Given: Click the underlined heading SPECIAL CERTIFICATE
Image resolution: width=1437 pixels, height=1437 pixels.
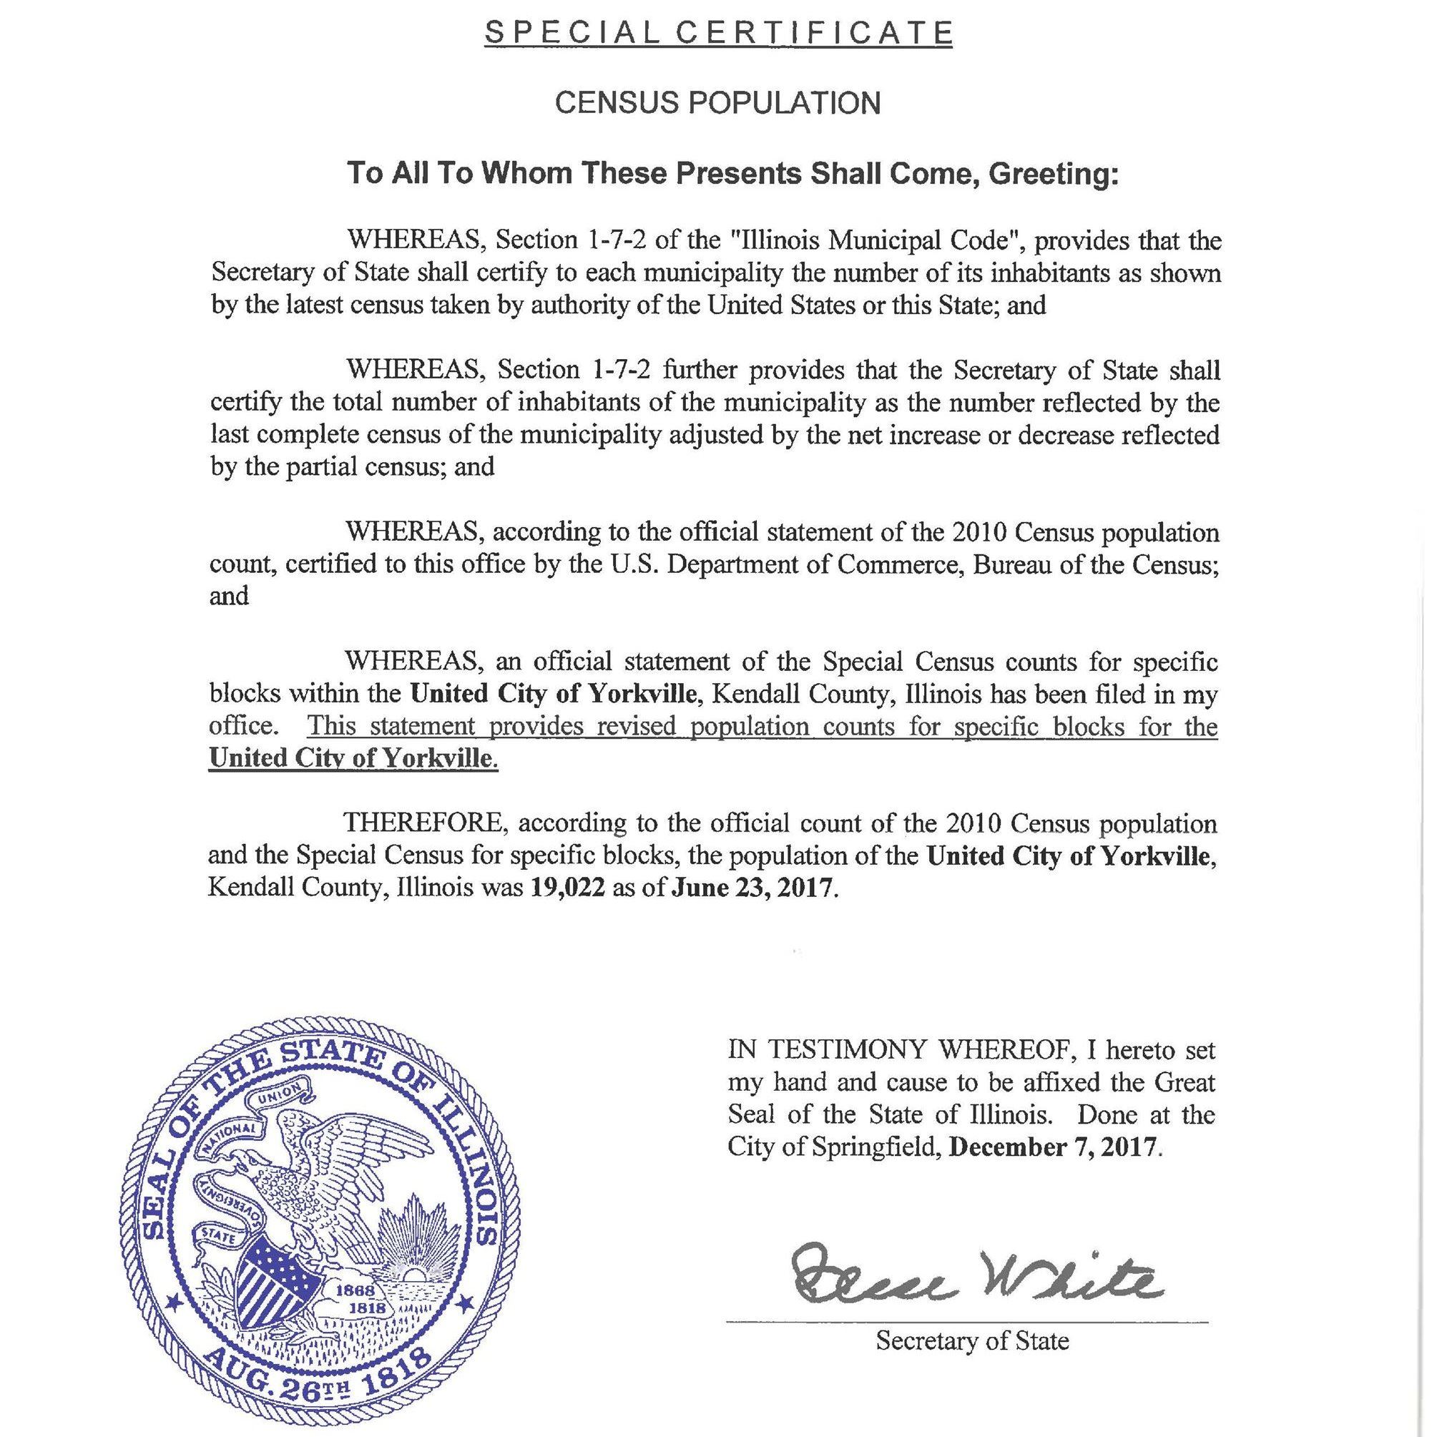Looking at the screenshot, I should [x=717, y=33].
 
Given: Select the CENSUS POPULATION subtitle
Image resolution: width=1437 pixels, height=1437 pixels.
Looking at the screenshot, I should [x=717, y=104].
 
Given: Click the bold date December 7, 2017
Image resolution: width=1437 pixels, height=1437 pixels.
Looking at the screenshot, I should [x=1054, y=1146].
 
